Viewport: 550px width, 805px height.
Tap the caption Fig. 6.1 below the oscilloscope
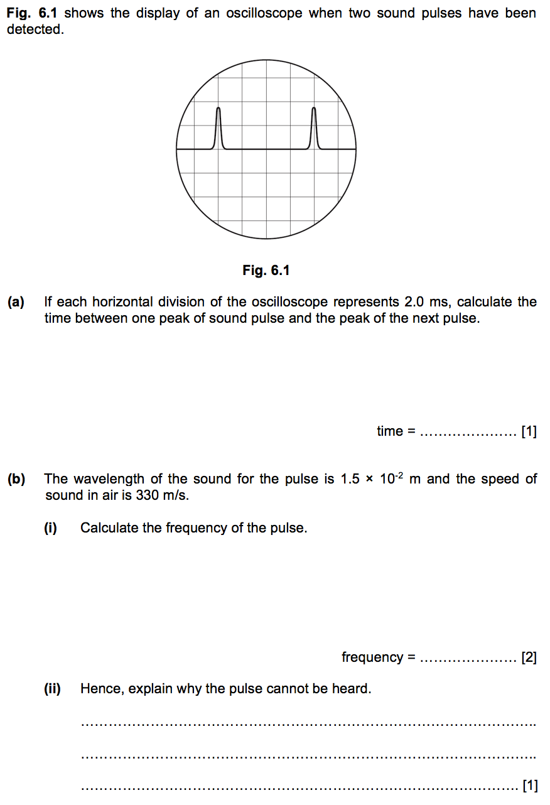[266, 271]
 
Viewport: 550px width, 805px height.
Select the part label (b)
[16, 479]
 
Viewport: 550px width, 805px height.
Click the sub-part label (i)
[50, 528]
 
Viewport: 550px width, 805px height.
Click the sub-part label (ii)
[52, 689]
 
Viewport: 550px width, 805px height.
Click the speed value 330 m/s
[162, 495]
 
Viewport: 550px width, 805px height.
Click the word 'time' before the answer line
[389, 431]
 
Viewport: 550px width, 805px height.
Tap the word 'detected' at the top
[35, 30]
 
